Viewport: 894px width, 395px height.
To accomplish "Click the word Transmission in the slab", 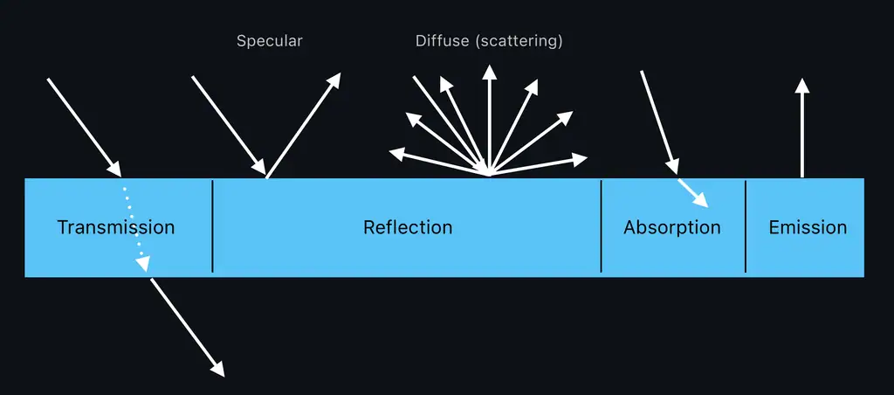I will (116, 227).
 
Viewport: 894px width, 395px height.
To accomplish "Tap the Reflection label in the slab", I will (408, 227).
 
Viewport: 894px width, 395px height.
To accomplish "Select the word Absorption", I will (671, 227).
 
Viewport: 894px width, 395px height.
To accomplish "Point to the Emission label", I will (808, 227).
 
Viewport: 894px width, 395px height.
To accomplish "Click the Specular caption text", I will (269, 41).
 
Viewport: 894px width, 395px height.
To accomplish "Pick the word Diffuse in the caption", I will (443, 41).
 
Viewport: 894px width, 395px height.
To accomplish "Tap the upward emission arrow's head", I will (802, 85).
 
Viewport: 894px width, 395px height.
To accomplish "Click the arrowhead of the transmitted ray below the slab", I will (217, 371).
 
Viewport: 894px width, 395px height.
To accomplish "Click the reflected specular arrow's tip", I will (335, 80).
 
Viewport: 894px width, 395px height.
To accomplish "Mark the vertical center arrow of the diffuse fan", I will (490, 122).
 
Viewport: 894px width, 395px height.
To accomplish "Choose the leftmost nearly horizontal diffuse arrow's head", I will (395, 154).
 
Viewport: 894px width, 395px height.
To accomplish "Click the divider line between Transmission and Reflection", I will (213, 225).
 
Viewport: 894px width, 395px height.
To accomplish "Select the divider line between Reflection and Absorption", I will (602, 225).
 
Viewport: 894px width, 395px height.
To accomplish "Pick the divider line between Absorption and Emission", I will (746, 225).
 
